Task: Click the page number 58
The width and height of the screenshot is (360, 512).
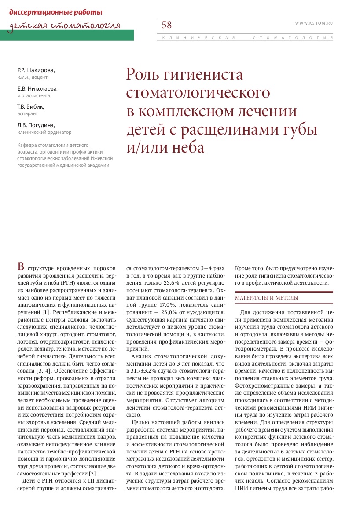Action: point(167,25)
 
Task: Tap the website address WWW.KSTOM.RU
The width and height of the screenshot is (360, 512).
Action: point(314,22)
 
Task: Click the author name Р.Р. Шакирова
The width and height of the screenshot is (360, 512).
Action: point(36,70)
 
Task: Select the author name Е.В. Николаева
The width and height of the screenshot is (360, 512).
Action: point(37,88)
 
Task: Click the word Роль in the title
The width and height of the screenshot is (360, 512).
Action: point(142,75)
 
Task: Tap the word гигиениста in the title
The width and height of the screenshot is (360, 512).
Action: point(203,75)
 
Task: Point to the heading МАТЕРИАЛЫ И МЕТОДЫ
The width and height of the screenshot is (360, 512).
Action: point(267,298)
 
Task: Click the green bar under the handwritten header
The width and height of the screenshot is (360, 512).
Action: point(67,36)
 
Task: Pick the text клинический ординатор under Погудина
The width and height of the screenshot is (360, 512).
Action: point(44,132)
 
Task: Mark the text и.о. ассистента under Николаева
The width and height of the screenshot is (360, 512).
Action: point(33,95)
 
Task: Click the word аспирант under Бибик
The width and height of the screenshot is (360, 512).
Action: point(27,113)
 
